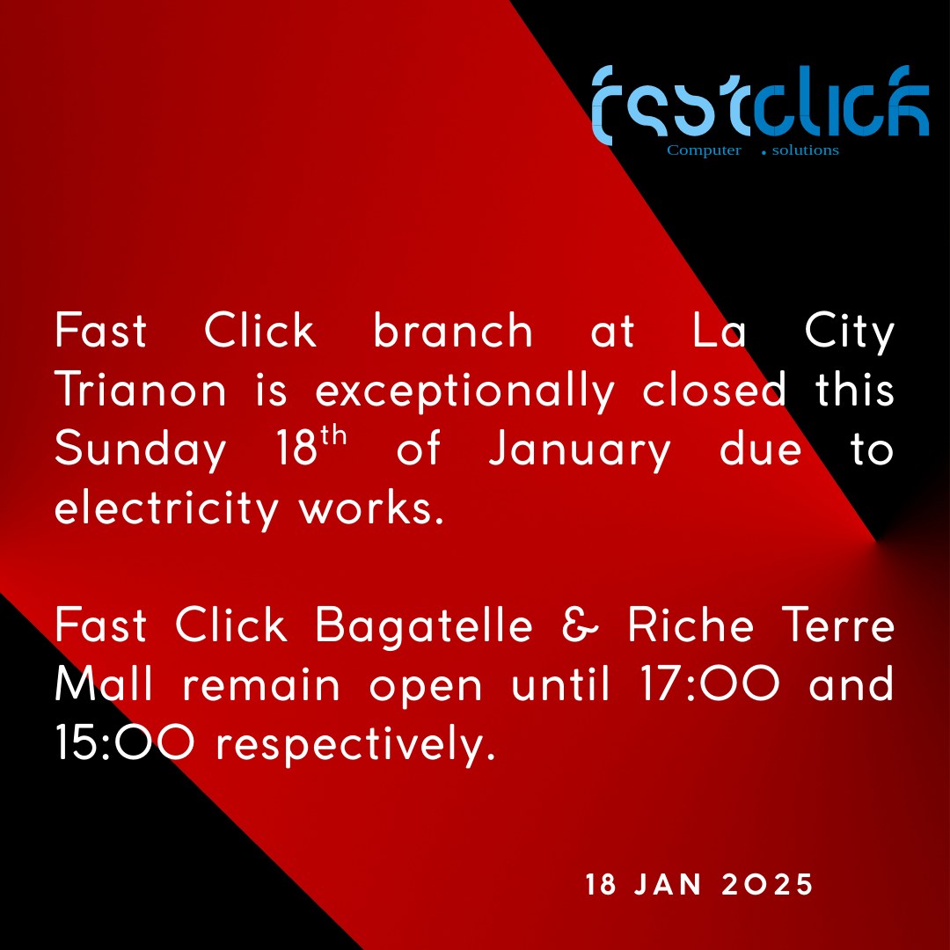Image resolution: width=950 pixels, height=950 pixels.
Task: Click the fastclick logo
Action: (760, 106)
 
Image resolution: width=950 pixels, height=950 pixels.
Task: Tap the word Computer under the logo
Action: (704, 150)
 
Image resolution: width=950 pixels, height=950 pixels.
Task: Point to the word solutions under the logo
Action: (805, 150)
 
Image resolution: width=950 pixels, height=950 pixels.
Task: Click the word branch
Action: (453, 330)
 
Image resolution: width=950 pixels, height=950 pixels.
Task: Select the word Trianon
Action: (141, 389)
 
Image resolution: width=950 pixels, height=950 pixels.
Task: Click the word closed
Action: (714, 389)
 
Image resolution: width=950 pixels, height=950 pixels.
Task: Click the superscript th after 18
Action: (334, 435)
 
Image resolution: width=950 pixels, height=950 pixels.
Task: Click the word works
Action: (372, 508)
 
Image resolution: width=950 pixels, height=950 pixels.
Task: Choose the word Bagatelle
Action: (424, 626)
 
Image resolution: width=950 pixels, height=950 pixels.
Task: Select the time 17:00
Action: (709, 683)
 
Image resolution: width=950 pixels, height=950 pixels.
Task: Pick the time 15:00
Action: (125, 742)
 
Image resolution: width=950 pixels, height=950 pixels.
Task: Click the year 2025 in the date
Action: (767, 885)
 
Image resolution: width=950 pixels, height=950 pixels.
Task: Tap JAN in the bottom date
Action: (668, 885)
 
